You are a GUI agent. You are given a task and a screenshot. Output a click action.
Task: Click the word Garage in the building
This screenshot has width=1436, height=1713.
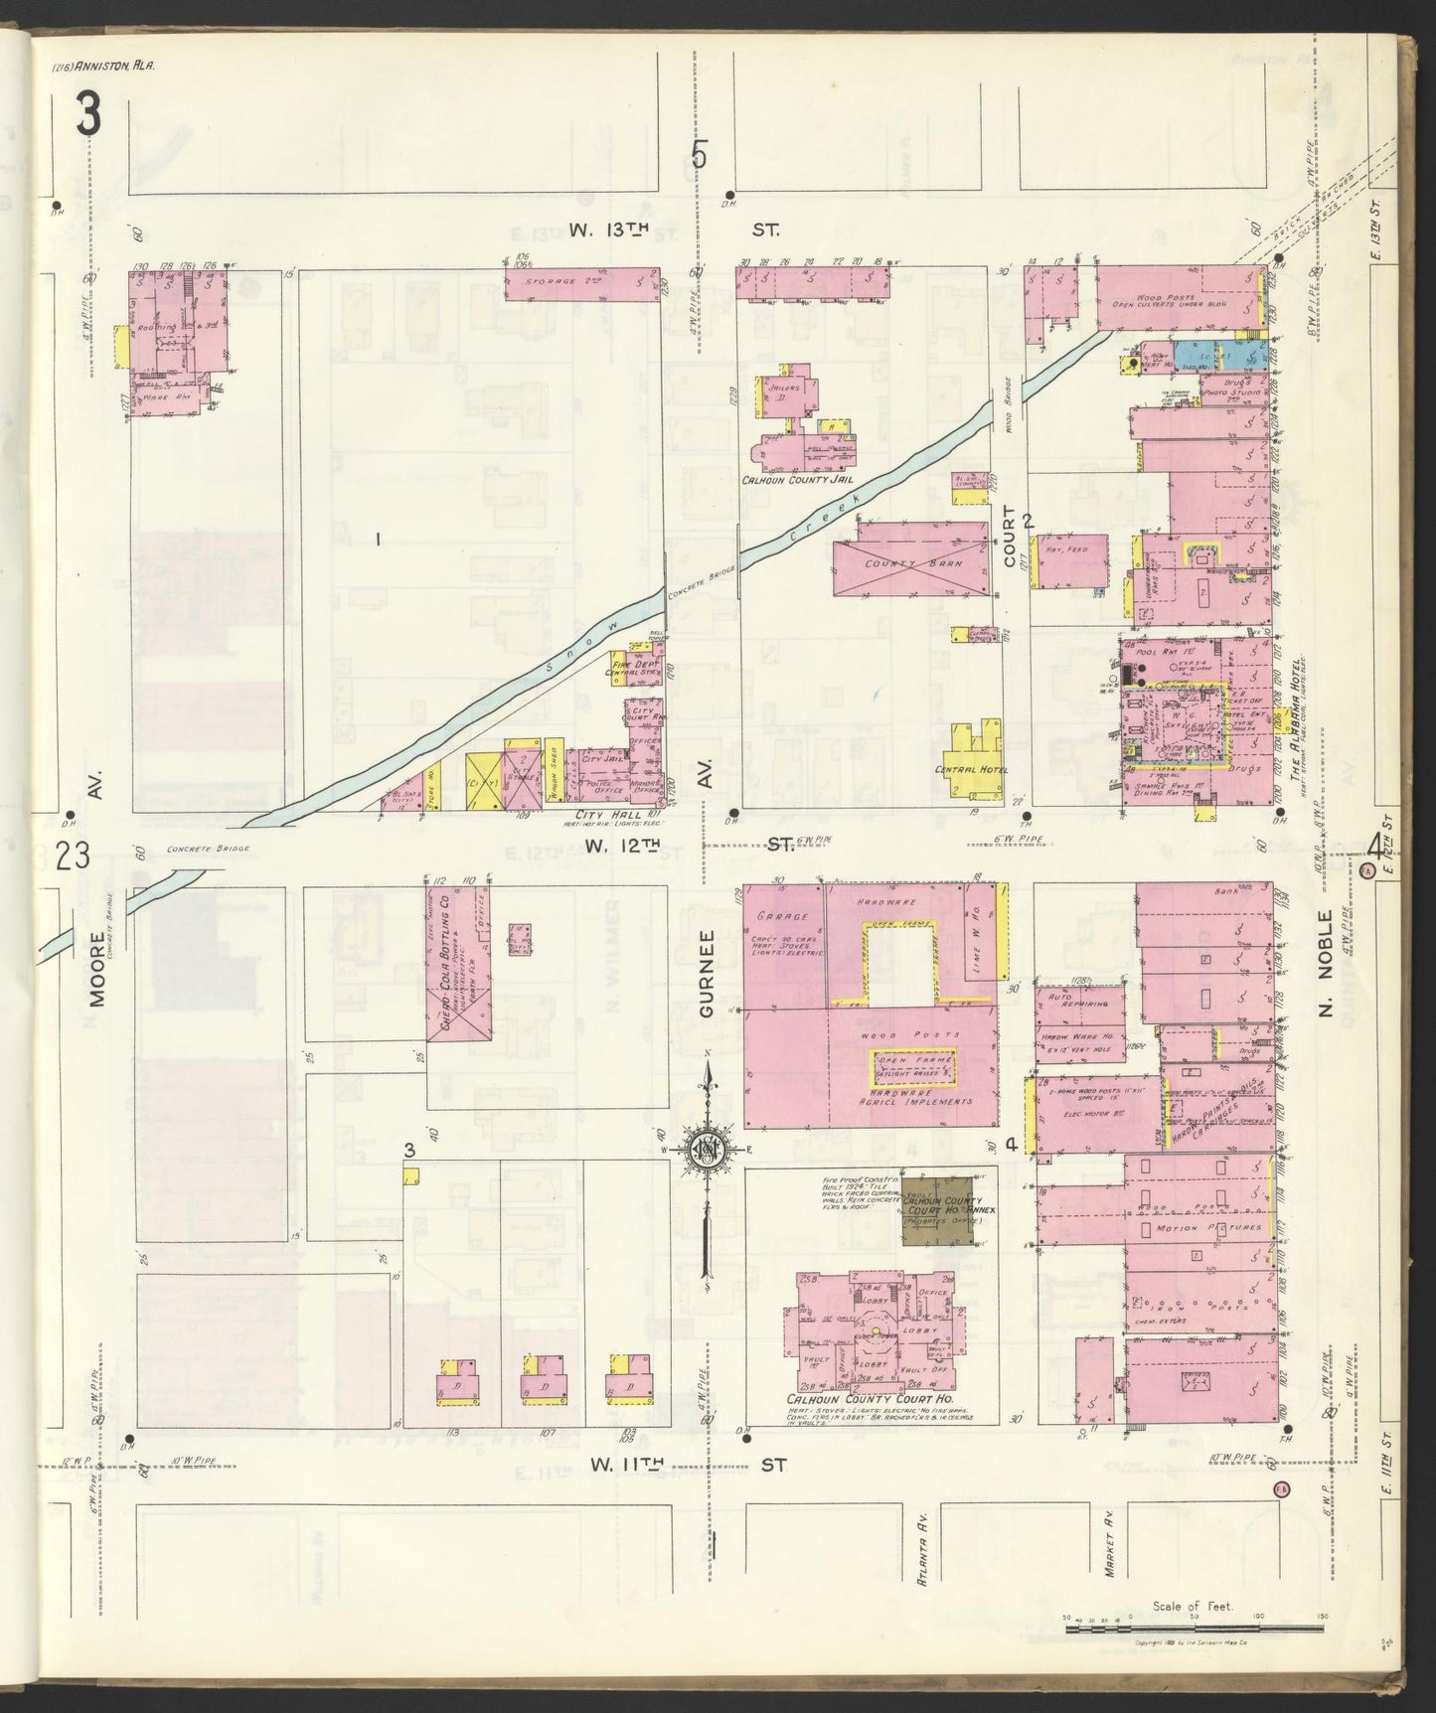coord(781,916)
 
